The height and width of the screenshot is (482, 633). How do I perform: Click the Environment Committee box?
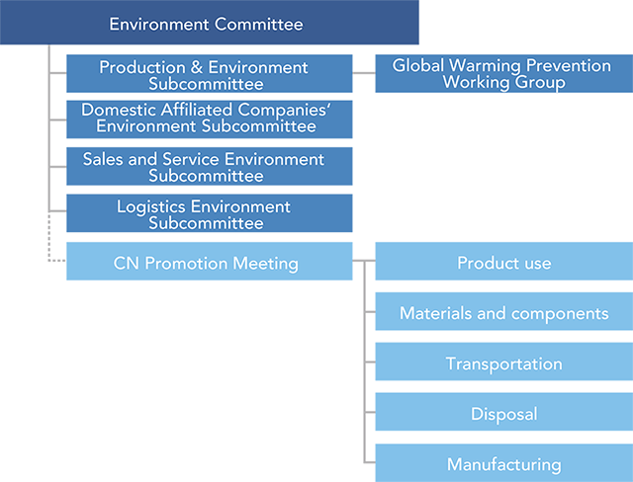209,22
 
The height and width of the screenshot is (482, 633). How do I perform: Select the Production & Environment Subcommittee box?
209,74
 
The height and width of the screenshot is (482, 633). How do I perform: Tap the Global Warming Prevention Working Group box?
504,74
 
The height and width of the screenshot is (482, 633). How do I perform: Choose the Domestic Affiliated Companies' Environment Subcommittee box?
209,120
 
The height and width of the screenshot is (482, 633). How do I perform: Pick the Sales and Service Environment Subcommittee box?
209,166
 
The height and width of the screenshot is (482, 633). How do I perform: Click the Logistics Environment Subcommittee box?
209,213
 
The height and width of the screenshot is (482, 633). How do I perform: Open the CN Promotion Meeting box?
209,261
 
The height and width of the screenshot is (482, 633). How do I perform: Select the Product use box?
504,261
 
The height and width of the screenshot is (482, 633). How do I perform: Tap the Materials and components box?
504,311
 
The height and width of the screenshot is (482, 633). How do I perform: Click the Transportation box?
504,361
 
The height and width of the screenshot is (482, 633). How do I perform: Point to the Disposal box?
504,412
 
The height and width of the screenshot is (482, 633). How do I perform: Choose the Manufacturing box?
504,463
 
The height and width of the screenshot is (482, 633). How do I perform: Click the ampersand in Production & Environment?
197,67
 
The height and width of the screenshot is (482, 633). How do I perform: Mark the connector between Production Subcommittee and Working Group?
364,73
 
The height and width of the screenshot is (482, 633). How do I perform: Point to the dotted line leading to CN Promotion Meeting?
49,242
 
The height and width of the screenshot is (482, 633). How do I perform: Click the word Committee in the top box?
259,24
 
